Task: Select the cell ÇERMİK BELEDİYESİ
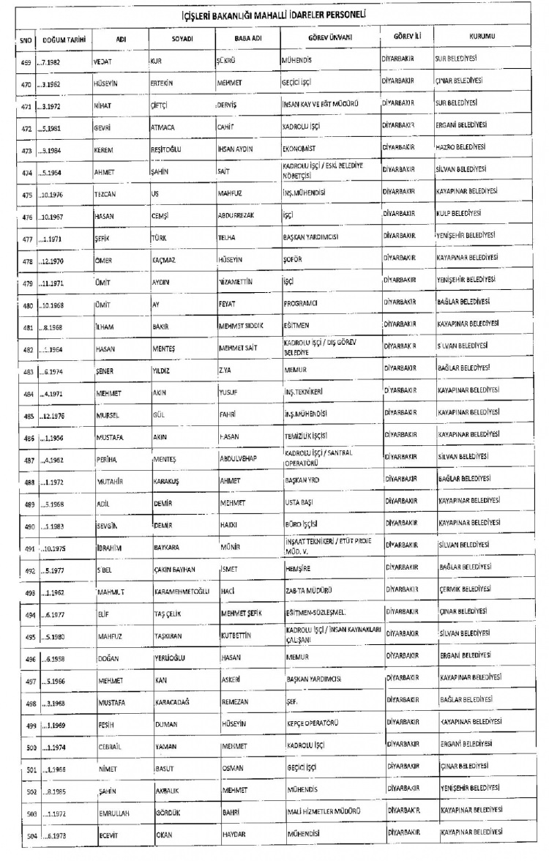(465, 589)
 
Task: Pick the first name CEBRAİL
(112, 746)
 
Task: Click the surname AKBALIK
(169, 791)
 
